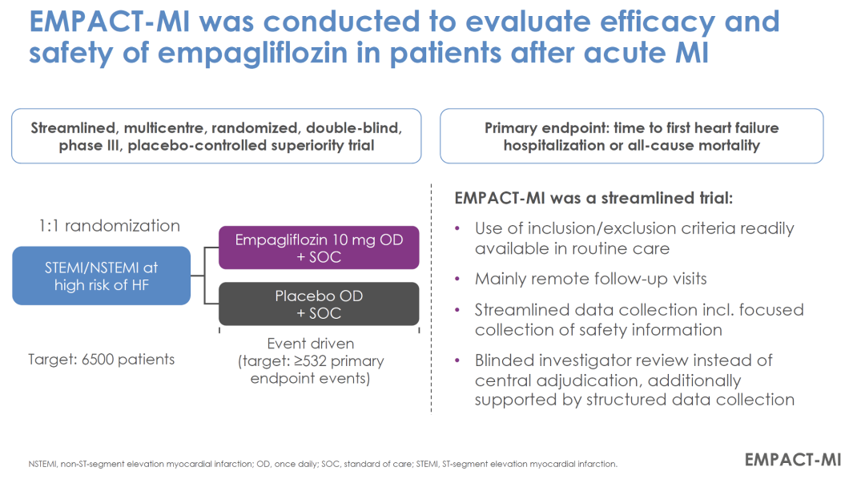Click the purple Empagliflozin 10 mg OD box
(318, 248)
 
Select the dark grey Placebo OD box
(318, 304)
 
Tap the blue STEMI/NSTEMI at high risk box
(101, 276)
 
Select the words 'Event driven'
(309, 344)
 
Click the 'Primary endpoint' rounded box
(631, 136)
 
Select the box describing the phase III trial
(216, 136)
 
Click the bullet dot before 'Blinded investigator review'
(457, 360)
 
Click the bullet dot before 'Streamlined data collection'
(457, 310)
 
